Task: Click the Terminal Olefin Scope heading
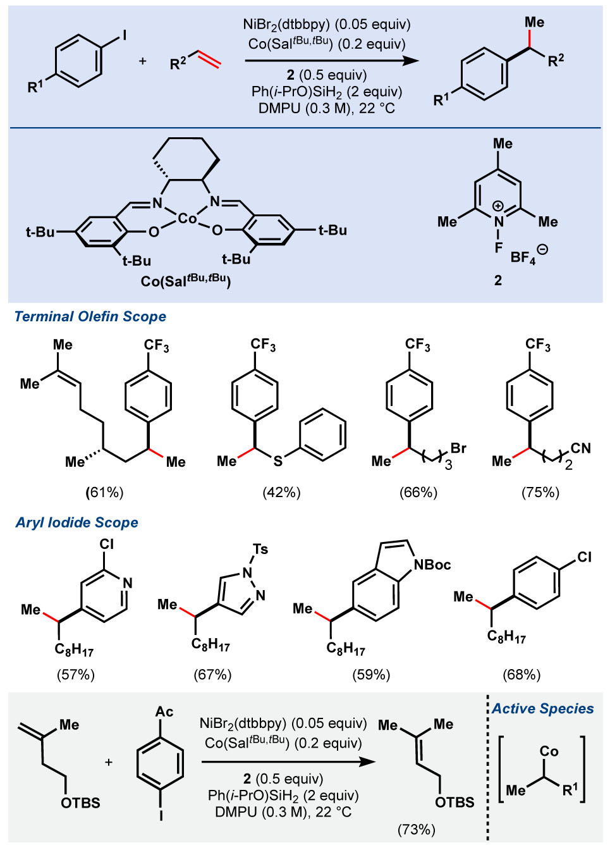pyautogui.click(x=90, y=316)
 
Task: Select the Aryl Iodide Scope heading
pyautogui.click(x=76, y=522)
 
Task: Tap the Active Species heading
pyautogui.click(x=542, y=708)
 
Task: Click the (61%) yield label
pyautogui.click(x=104, y=492)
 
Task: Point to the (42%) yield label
pyautogui.click(x=281, y=492)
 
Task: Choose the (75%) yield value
pyautogui.click(x=540, y=492)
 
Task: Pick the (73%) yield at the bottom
pyautogui.click(x=416, y=829)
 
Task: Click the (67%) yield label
pyautogui.click(x=212, y=674)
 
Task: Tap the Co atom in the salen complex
pyautogui.click(x=188, y=219)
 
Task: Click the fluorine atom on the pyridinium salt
pyautogui.click(x=498, y=248)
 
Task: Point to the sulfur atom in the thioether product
pyautogui.click(x=278, y=462)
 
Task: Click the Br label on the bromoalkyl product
pyautogui.click(x=458, y=448)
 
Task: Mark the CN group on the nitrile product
pyautogui.click(x=580, y=448)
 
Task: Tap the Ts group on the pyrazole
pyautogui.click(x=260, y=549)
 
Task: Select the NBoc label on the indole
pyautogui.click(x=432, y=564)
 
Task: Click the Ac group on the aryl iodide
pyautogui.click(x=164, y=711)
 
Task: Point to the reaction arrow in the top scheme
pyautogui.click(x=331, y=61)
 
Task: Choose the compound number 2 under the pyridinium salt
pyautogui.click(x=498, y=280)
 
